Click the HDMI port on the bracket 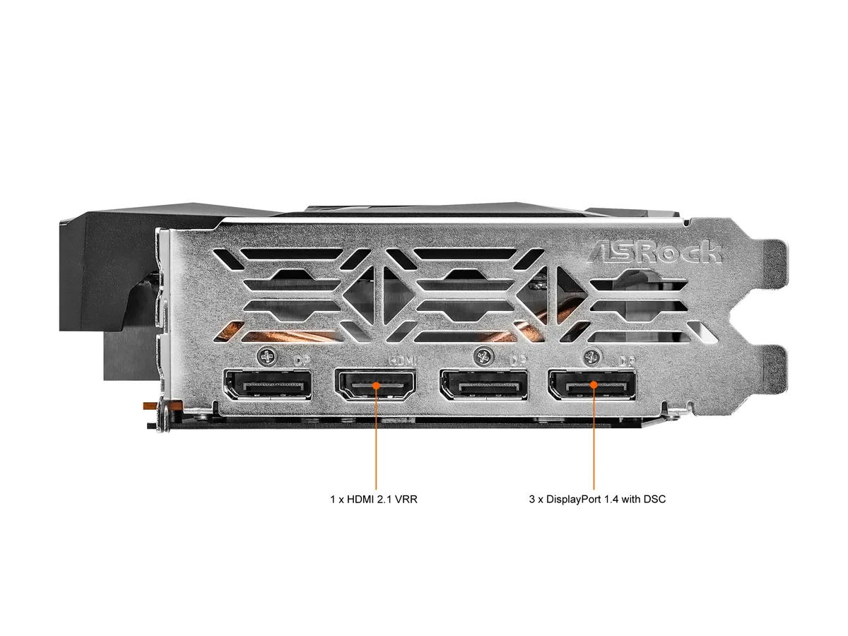point(375,384)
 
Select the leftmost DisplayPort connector point(268,385)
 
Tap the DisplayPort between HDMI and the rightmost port point(483,385)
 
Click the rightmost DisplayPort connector point(591,385)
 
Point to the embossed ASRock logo point(654,252)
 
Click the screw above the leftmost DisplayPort point(267,356)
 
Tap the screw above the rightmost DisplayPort point(593,356)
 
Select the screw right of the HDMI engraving point(483,356)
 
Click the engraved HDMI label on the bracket point(403,360)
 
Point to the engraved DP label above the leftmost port point(302,360)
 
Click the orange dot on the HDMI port point(376,385)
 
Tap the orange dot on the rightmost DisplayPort point(594,384)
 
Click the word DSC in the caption point(654,500)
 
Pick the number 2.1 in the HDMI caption point(383,500)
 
